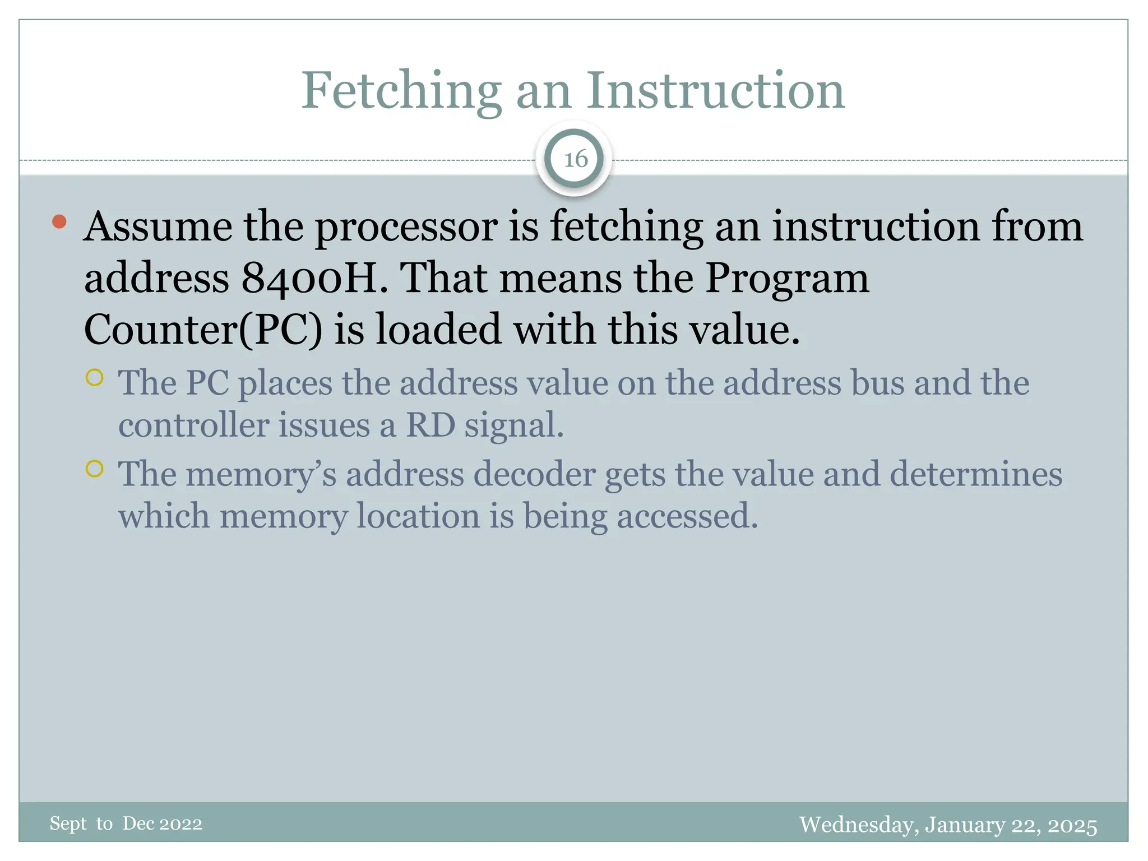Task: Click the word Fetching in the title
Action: pos(401,91)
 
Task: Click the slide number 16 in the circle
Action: pos(575,160)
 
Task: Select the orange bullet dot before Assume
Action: pos(59,222)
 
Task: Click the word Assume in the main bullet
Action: pos(158,226)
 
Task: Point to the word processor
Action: pos(406,228)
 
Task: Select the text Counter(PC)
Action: pos(203,330)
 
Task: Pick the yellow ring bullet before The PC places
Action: pos(95,377)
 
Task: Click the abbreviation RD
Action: pos(430,425)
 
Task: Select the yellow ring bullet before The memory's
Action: pos(95,468)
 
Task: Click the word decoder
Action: pos(534,474)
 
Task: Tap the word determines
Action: pos(976,474)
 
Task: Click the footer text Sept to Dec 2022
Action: pos(126,823)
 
